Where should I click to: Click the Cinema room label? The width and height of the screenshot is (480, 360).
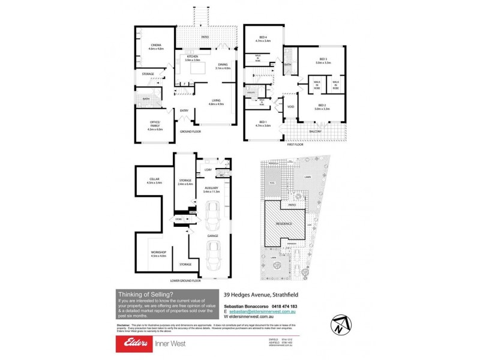tap(156, 46)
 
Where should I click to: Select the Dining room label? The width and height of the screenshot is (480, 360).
tap(223, 66)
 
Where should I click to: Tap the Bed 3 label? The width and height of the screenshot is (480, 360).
tap(325, 61)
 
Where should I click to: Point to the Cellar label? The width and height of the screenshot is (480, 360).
tap(154, 181)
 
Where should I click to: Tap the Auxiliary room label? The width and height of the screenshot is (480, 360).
tap(212, 190)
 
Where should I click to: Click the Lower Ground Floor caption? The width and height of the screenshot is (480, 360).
tap(186, 280)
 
